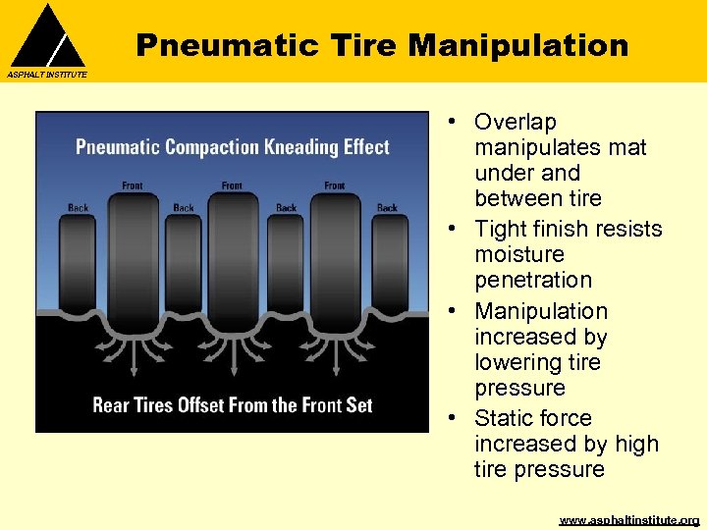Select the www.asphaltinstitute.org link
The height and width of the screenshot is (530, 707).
628,519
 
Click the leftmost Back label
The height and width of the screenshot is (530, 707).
79,208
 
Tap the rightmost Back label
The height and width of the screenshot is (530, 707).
388,208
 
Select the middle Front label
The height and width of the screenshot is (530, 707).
232,185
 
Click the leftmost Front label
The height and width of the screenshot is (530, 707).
132,185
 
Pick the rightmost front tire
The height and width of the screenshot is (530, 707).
335,265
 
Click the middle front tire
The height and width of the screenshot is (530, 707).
233,265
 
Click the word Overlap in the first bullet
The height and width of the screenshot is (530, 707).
515,122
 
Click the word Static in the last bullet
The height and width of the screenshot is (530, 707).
505,418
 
